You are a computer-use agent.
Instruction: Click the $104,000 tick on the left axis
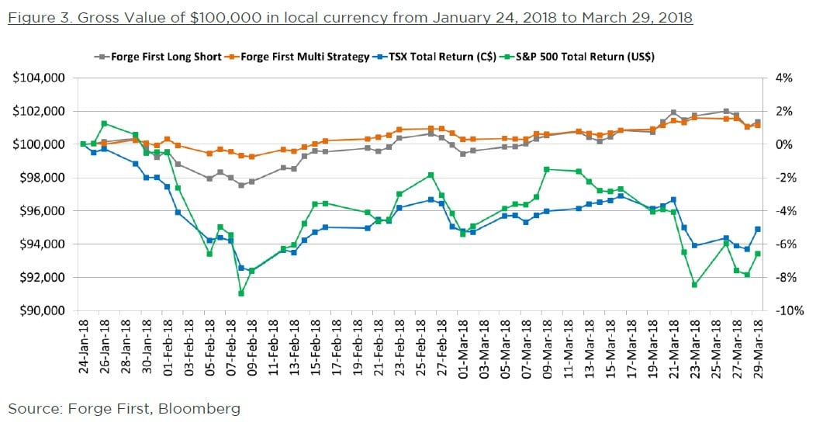pyautogui.click(x=38, y=78)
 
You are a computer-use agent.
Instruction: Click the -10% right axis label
pyautogui.click(x=784, y=310)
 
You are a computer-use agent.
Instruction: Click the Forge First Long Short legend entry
pyautogui.click(x=157, y=57)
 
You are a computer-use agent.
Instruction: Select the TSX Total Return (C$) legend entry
pyautogui.click(x=436, y=57)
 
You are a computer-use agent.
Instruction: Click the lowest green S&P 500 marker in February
pyautogui.click(x=241, y=293)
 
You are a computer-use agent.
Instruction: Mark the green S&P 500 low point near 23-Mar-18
pyautogui.click(x=694, y=285)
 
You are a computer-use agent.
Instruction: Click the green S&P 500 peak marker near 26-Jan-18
pyautogui.click(x=104, y=123)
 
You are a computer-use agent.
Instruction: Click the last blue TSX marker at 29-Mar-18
pyautogui.click(x=758, y=229)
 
